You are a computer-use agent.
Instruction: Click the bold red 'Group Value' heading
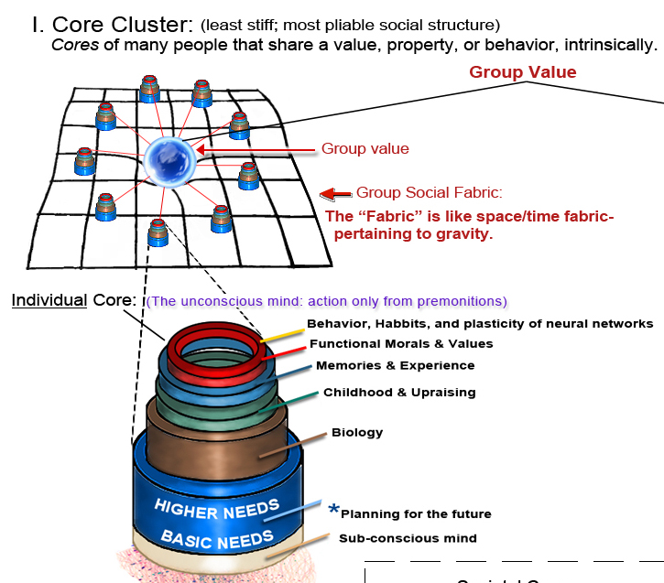click(x=523, y=72)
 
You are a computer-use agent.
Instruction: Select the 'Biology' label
click(x=357, y=432)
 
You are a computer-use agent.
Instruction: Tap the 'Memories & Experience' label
click(x=395, y=365)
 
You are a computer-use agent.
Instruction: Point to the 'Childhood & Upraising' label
click(x=399, y=392)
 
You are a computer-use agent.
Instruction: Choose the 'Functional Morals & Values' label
click(x=401, y=343)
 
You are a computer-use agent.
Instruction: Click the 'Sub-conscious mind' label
click(x=408, y=538)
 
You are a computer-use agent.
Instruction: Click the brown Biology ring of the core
click(x=216, y=448)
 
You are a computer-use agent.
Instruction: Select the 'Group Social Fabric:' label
click(x=430, y=193)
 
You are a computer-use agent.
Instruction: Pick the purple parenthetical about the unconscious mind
click(x=326, y=301)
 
